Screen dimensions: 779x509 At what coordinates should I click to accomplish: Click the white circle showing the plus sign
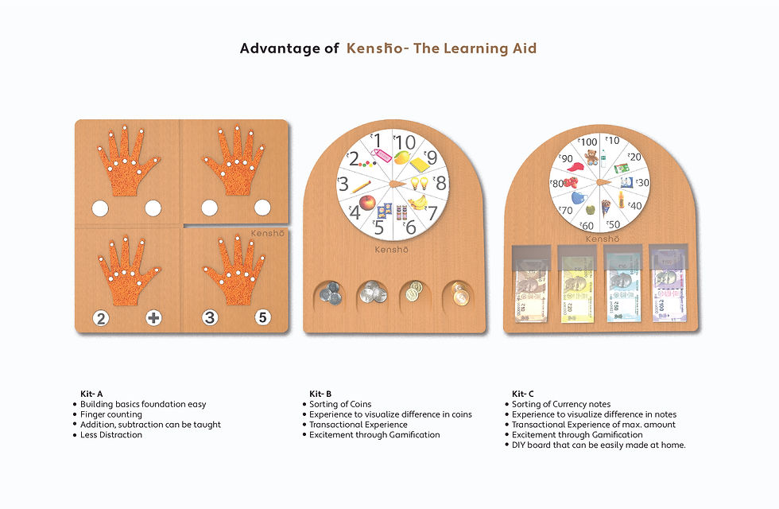pyautogui.click(x=153, y=317)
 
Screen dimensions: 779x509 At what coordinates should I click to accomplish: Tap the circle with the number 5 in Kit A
pyautogui.click(x=263, y=317)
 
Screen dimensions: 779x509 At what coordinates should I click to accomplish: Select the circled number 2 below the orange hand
pyautogui.click(x=101, y=317)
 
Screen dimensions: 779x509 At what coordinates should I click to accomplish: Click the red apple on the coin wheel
pyautogui.click(x=366, y=202)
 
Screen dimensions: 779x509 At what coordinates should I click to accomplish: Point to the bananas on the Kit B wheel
pyautogui.click(x=418, y=201)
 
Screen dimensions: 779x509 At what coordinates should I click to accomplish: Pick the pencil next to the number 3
pyautogui.click(x=361, y=186)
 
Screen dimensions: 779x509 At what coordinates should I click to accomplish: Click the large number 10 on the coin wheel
pyautogui.click(x=404, y=142)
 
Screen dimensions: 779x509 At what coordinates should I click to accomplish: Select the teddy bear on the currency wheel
pyautogui.click(x=591, y=157)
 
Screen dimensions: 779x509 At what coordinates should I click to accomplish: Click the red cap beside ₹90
pyautogui.click(x=575, y=167)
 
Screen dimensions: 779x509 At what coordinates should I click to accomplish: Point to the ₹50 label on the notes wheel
pyautogui.click(x=614, y=224)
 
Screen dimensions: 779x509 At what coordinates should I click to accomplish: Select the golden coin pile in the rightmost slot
pyautogui.click(x=459, y=293)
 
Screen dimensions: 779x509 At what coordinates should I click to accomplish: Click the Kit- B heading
pyautogui.click(x=320, y=394)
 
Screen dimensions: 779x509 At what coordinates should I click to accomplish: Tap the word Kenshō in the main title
pyautogui.click(x=374, y=49)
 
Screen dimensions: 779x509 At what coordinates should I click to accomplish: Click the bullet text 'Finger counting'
pyautogui.click(x=111, y=414)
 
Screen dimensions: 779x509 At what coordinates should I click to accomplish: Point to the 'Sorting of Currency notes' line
pyautogui.click(x=561, y=404)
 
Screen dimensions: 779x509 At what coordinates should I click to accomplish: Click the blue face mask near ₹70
pyautogui.click(x=578, y=198)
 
